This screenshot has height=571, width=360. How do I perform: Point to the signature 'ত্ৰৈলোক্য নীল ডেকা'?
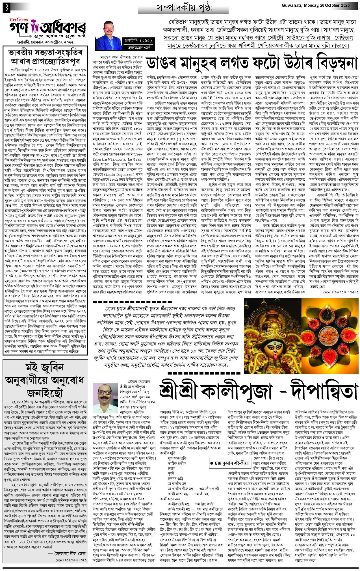[x=67, y=545]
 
